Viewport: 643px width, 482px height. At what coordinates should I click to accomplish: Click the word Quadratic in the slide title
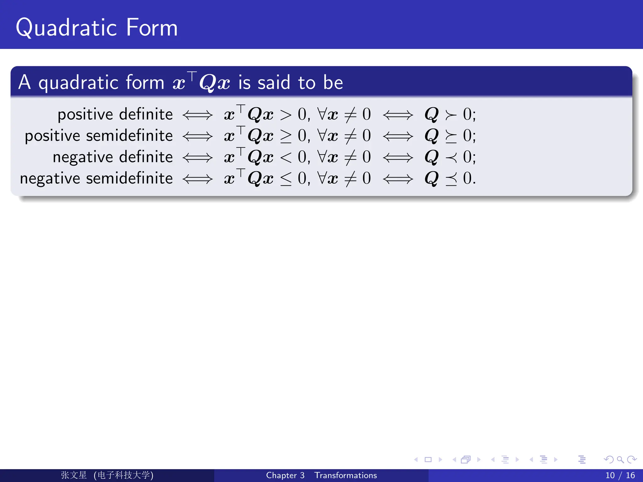(x=67, y=28)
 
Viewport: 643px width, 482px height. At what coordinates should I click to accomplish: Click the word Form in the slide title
(x=152, y=28)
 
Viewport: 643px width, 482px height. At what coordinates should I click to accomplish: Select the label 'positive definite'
(x=115, y=114)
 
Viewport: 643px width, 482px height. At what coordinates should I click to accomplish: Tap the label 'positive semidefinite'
(x=99, y=136)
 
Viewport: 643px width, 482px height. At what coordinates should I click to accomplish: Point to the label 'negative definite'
(x=113, y=157)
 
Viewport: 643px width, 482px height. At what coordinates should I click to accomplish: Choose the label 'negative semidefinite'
(x=96, y=178)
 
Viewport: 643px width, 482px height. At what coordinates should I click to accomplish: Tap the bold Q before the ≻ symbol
(x=431, y=114)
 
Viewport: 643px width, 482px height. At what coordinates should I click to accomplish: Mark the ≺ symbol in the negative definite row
(x=451, y=157)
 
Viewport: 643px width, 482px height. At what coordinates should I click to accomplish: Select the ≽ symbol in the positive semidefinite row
(x=451, y=136)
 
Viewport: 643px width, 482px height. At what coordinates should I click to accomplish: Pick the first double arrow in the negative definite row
(x=197, y=157)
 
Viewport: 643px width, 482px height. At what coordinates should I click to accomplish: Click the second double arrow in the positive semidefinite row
(x=398, y=136)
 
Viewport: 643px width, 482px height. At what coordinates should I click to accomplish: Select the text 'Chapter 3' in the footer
(x=285, y=475)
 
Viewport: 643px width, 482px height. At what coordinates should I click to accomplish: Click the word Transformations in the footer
(x=346, y=475)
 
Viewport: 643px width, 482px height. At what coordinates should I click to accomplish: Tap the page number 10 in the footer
(x=610, y=475)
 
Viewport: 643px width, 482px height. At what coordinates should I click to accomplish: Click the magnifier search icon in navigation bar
(x=620, y=460)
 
